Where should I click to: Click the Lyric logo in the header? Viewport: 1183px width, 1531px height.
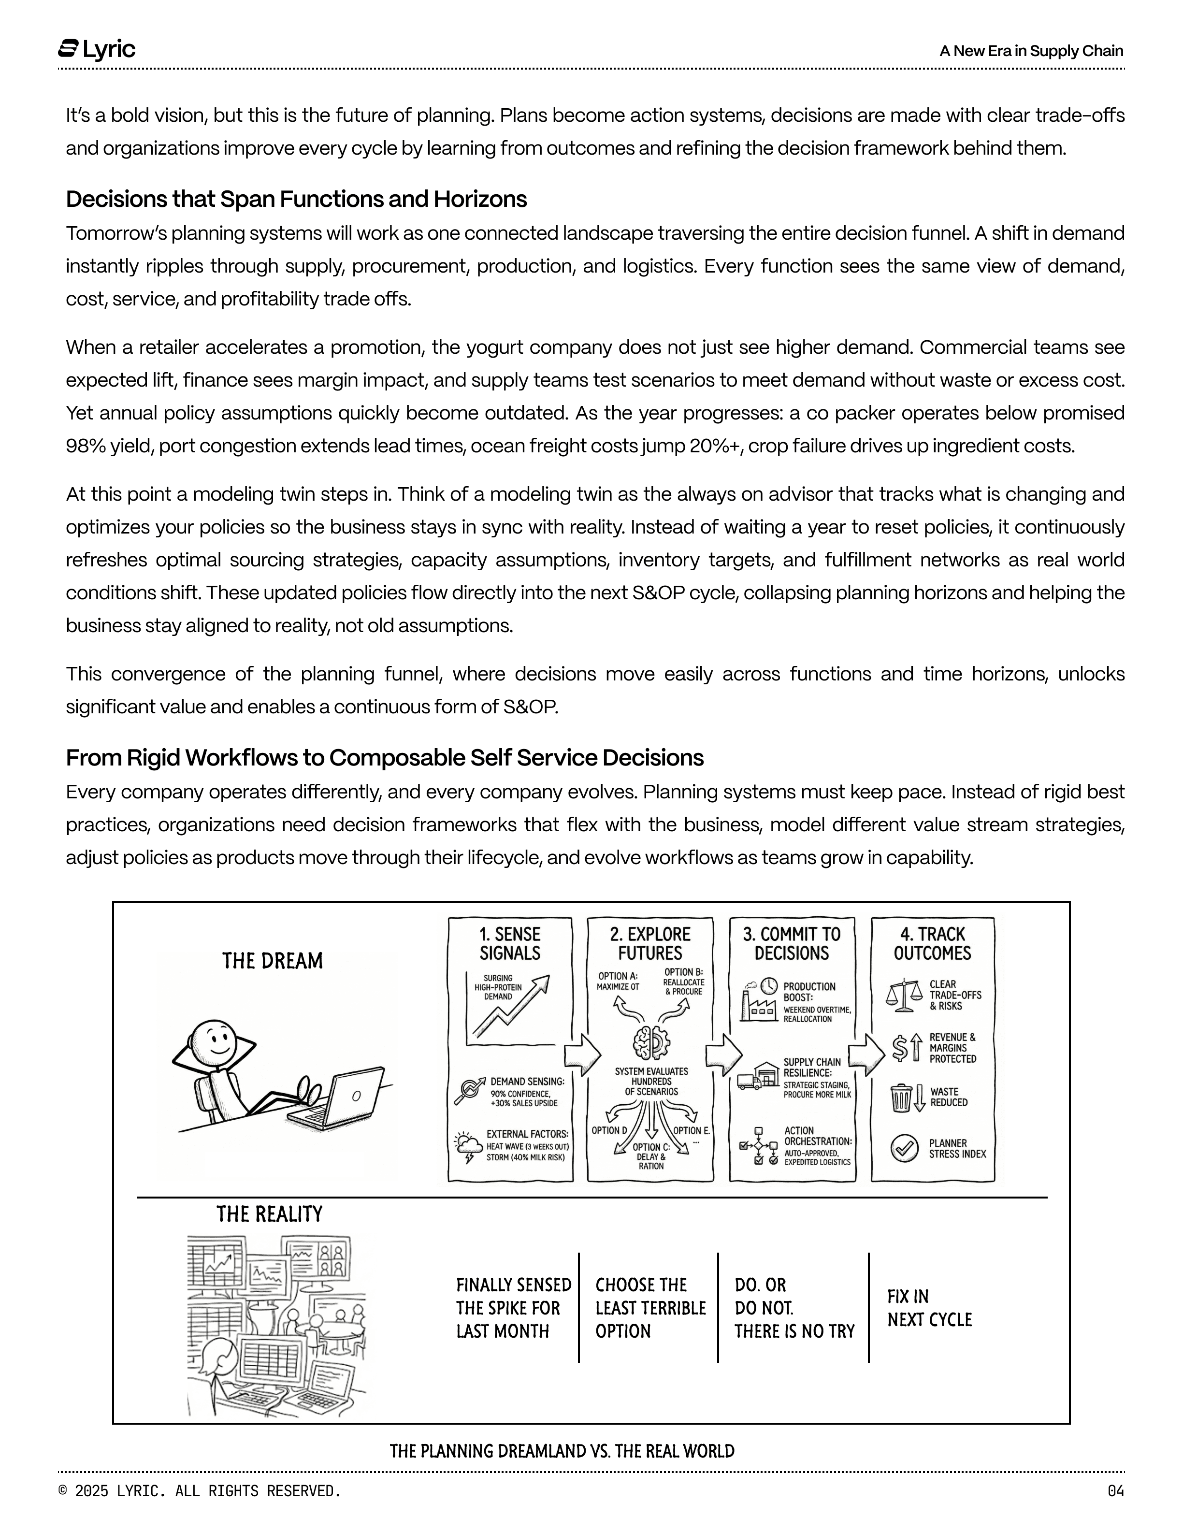click(x=97, y=49)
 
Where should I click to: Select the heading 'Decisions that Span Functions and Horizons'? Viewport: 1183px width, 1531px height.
click(x=296, y=199)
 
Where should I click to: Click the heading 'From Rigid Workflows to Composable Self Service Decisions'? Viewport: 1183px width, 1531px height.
click(x=384, y=758)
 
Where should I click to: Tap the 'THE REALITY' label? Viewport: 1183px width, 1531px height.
click(x=269, y=1214)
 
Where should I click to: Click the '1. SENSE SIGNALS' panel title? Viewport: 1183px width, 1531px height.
click(x=509, y=943)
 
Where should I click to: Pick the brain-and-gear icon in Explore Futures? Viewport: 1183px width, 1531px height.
click(x=651, y=1042)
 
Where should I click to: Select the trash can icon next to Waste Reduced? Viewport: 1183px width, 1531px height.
click(x=901, y=1098)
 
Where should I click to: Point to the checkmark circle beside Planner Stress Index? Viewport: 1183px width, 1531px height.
click(x=904, y=1148)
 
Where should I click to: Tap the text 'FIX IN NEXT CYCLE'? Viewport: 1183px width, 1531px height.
click(x=929, y=1308)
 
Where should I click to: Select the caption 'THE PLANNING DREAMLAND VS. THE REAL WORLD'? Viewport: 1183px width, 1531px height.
click(x=562, y=1451)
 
